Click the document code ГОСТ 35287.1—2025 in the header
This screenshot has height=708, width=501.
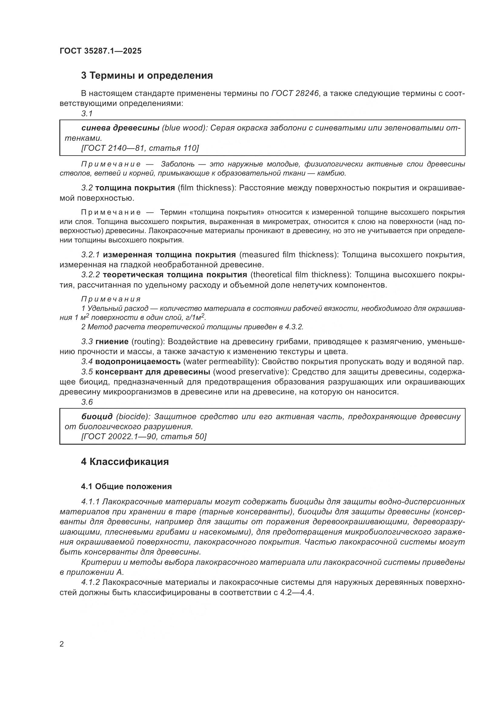pos(101,51)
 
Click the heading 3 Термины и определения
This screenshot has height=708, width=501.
pos(147,76)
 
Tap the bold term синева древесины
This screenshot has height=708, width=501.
pos(120,128)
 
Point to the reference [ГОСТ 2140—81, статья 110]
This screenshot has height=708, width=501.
pos(140,148)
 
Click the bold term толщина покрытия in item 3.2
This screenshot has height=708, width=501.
pos(135,188)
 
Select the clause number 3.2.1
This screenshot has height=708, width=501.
pos(91,255)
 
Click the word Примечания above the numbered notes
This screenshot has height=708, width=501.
pos(111,299)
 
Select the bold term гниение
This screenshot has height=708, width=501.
pos(112,342)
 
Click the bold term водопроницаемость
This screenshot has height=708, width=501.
pos(138,361)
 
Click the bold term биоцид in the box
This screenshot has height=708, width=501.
pos(97,417)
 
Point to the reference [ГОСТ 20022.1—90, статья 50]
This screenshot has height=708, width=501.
pos(144,437)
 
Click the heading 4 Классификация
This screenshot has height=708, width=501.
pos(125,462)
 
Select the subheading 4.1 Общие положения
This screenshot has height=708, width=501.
pos(127,486)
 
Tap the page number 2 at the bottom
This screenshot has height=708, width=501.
pos(62,644)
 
